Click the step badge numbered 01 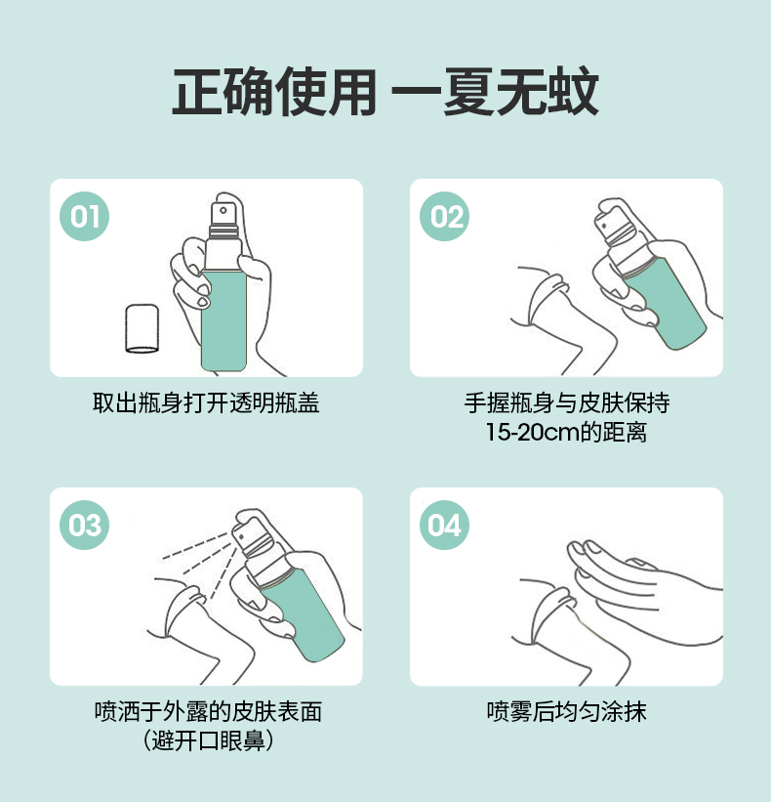click(x=84, y=216)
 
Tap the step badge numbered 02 click(x=444, y=216)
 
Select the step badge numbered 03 click(x=84, y=525)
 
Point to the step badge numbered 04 click(x=444, y=525)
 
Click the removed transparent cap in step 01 click(x=142, y=328)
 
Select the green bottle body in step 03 click(x=303, y=613)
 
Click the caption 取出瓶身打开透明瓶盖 click(x=206, y=403)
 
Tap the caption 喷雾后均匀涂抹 click(x=567, y=711)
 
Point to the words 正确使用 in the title click(x=274, y=92)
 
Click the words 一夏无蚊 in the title click(x=495, y=92)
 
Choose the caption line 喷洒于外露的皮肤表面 click(x=208, y=711)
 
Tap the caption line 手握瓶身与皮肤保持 click(x=567, y=403)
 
